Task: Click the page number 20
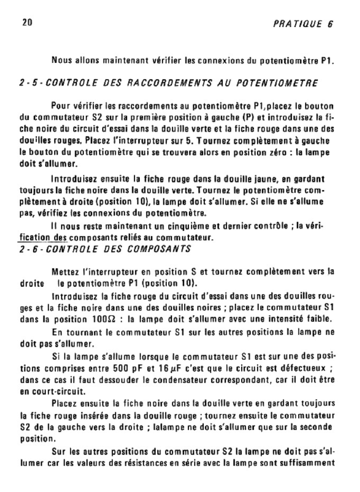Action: [27, 23]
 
